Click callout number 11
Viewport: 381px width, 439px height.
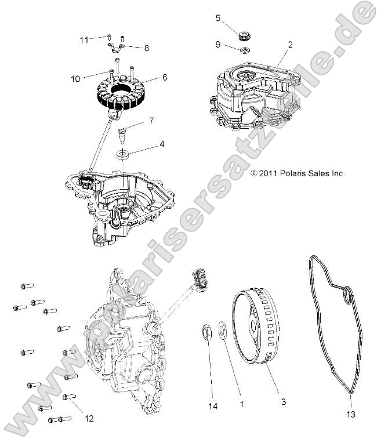click(x=84, y=39)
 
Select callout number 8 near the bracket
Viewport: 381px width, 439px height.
click(x=146, y=49)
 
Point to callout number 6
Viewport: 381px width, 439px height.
click(x=165, y=77)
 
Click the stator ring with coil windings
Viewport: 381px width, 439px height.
click(x=125, y=93)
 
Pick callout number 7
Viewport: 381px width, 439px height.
click(x=151, y=121)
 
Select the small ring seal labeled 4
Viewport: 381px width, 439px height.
click(x=123, y=155)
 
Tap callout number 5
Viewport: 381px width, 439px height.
click(x=218, y=18)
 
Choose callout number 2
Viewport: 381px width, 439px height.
click(x=290, y=44)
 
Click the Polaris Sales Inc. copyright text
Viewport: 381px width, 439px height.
click(x=297, y=173)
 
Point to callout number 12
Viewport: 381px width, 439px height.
click(x=88, y=418)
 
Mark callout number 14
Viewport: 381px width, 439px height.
click(x=213, y=407)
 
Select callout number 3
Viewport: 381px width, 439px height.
click(x=282, y=401)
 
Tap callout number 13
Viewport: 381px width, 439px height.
click(x=351, y=414)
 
